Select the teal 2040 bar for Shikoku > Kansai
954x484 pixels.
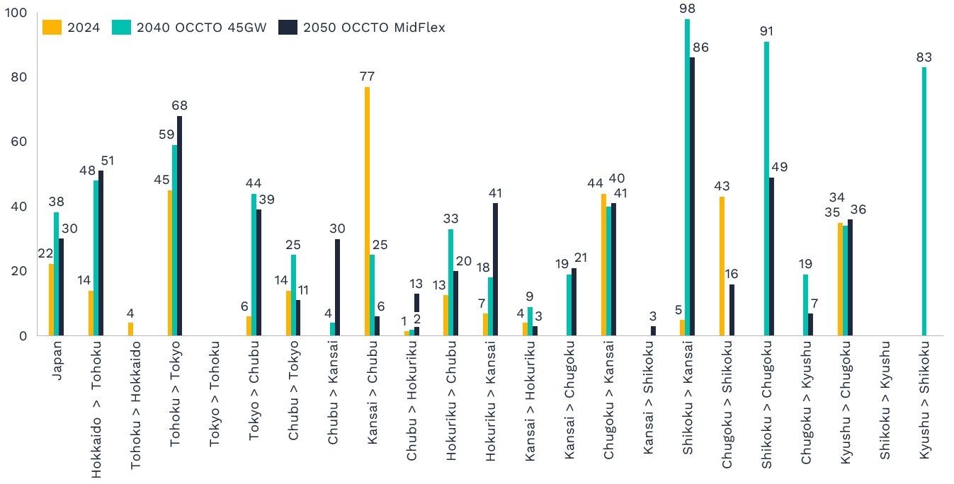click(x=687, y=177)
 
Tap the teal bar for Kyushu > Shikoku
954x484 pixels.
click(x=924, y=201)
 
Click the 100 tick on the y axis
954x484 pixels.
click(x=16, y=13)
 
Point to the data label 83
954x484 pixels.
click(x=924, y=57)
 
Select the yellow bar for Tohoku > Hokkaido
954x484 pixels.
click(x=130, y=328)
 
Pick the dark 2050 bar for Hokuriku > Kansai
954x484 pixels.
click(x=496, y=269)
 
